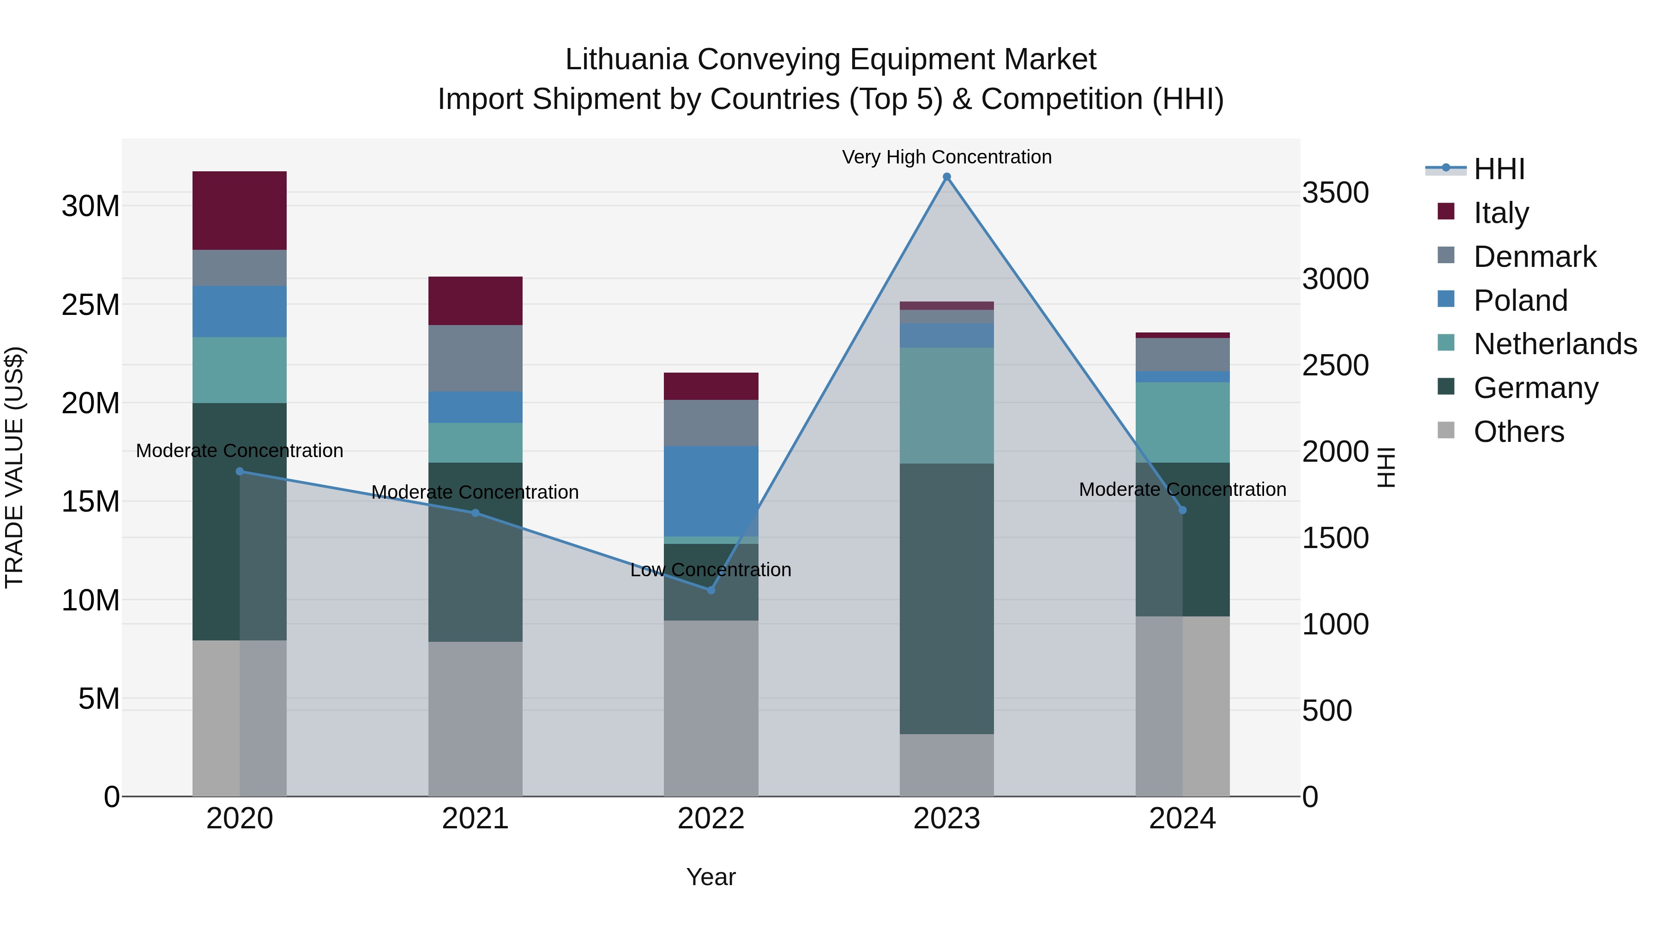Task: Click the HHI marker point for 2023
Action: [946, 177]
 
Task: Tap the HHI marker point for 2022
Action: [711, 590]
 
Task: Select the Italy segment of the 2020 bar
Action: [239, 211]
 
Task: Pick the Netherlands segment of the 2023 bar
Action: [946, 405]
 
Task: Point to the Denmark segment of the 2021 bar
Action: [476, 358]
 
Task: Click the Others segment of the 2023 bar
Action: [946, 765]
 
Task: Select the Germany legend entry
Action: [1536, 388]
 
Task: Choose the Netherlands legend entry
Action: [1555, 344]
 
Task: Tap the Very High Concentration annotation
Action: [946, 157]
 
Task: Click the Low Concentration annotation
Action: [711, 570]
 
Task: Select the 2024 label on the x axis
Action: [1182, 819]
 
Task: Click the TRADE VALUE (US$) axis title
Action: [14, 467]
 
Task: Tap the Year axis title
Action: [711, 877]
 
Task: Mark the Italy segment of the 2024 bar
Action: [1182, 335]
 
